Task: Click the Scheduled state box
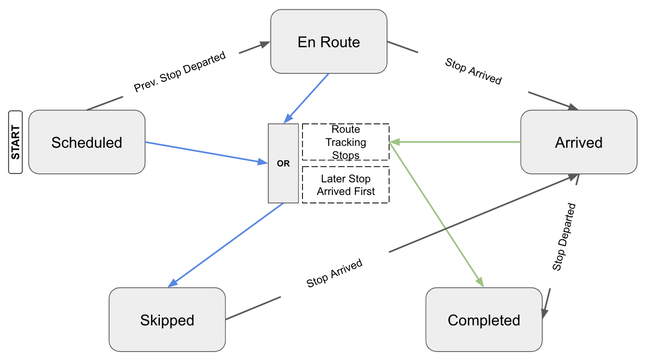[x=86, y=142]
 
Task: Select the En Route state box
[x=329, y=42]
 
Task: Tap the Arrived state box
[x=579, y=142]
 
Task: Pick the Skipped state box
[x=167, y=320]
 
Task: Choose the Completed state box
[x=484, y=320]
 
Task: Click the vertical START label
[x=15, y=142]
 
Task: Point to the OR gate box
[x=283, y=163]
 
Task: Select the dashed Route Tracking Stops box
[x=345, y=142]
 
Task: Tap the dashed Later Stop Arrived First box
[x=345, y=185]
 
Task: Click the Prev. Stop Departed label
[x=180, y=72]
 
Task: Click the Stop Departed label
[x=564, y=237]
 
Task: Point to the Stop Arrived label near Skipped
[x=334, y=274]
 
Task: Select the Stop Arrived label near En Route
[x=473, y=71]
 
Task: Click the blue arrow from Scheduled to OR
[x=203, y=152]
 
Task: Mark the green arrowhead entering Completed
[x=480, y=282]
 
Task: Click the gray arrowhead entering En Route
[x=265, y=44]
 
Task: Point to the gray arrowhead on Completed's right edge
[x=545, y=313]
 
